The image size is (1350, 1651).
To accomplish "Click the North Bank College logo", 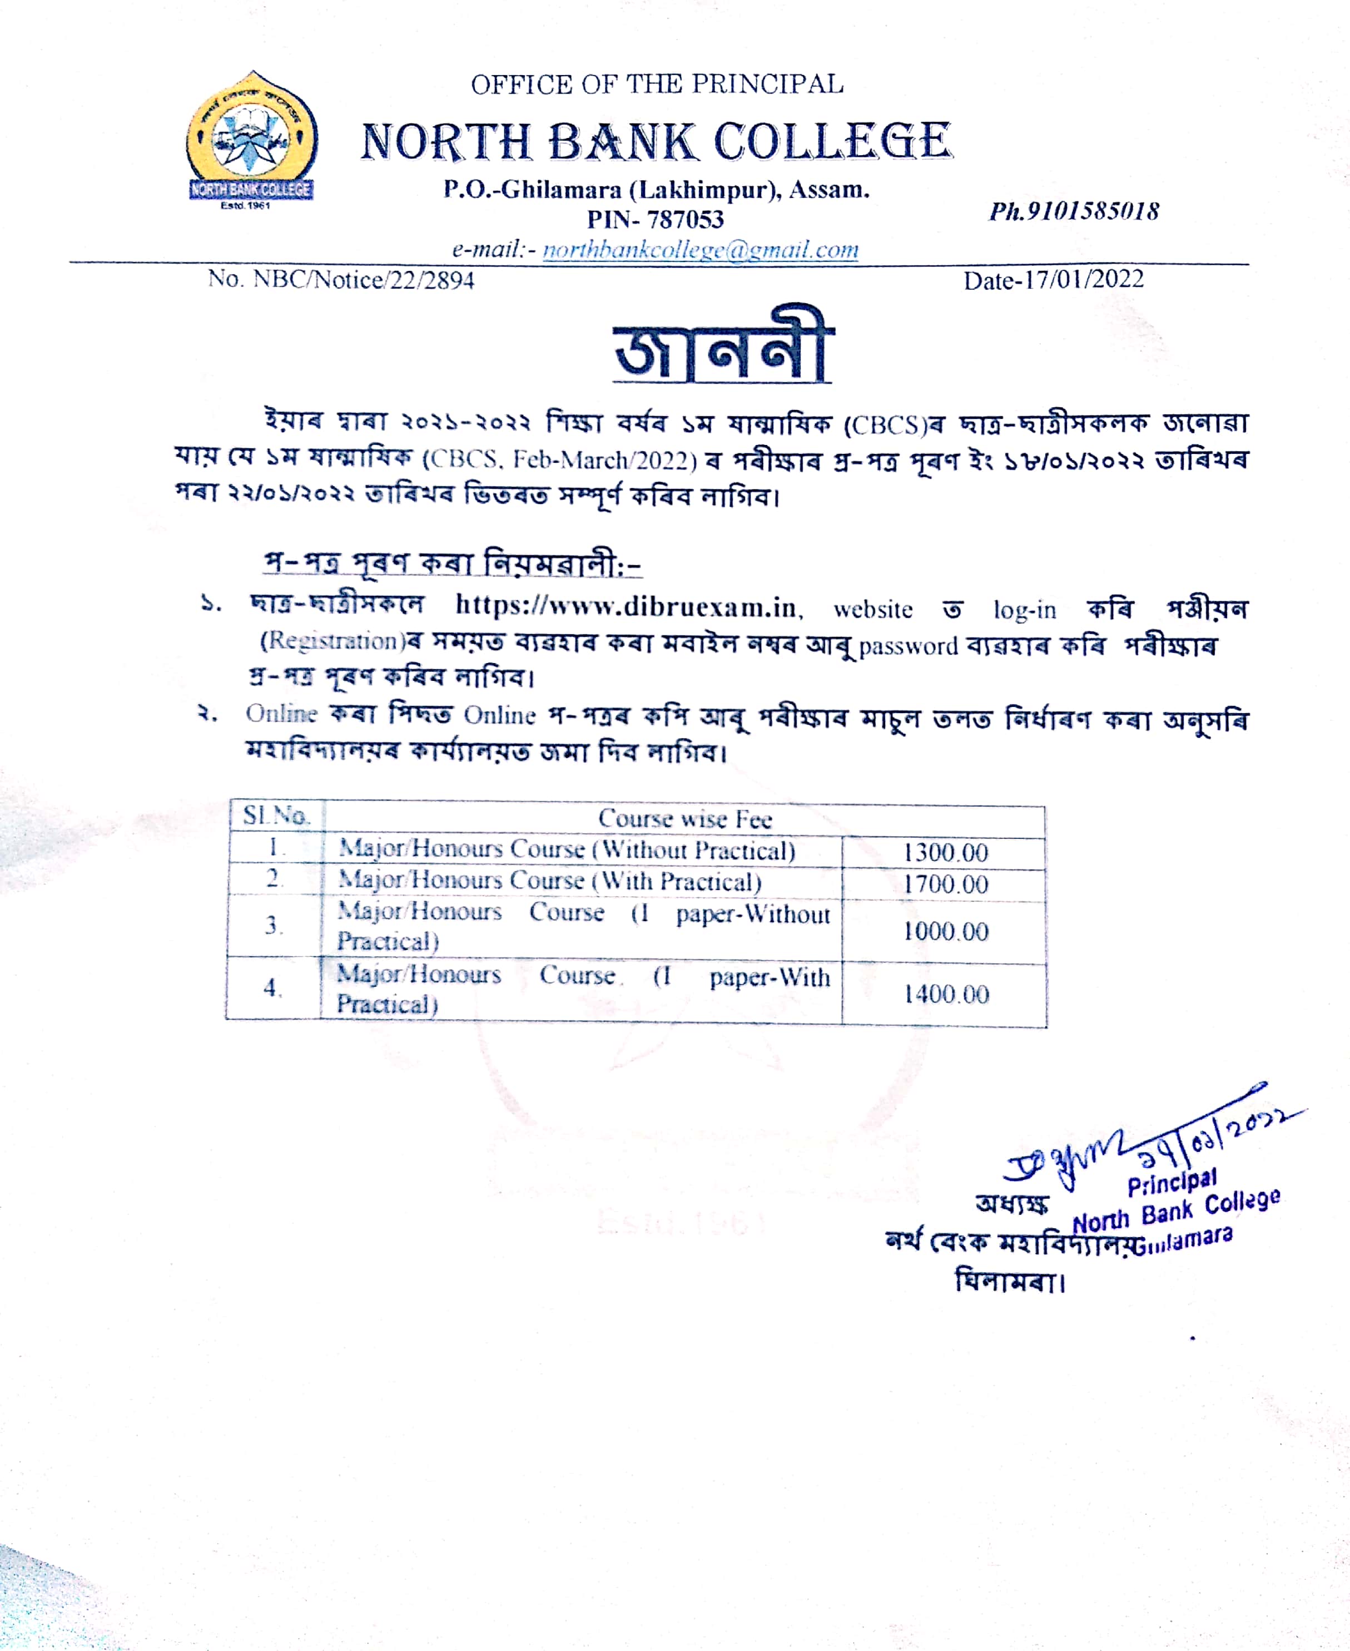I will [251, 140].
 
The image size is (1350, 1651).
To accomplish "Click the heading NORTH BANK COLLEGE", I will [656, 142].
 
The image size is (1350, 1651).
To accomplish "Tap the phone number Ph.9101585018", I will [1074, 211].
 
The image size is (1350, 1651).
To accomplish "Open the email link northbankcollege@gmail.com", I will [700, 250].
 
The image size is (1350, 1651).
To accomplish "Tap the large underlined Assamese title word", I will [722, 347].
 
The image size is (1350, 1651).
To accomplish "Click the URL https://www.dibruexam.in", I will [627, 606].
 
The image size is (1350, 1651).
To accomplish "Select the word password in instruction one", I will [909, 646].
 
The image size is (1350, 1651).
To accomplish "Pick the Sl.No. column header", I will [276, 815].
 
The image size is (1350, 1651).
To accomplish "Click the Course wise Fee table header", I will [684, 818].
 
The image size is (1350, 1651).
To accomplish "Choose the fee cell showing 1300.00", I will [945, 853].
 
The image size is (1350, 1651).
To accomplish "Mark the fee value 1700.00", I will [945, 884].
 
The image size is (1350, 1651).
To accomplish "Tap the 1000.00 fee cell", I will [945, 931].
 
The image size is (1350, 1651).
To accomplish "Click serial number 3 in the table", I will [272, 925].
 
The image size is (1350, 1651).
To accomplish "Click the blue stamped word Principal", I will [1172, 1183].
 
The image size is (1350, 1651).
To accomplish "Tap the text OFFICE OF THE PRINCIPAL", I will [657, 84].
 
